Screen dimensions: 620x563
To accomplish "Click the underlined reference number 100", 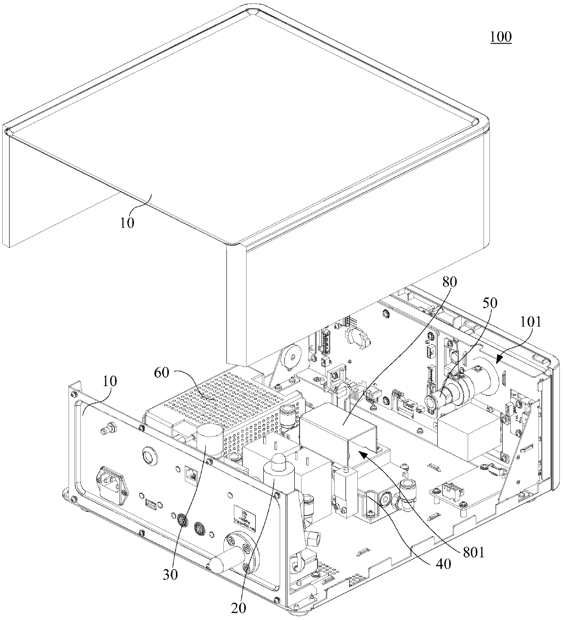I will tap(500, 37).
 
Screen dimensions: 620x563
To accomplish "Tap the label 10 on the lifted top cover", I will tap(127, 223).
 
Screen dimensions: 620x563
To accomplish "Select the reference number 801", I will tap(473, 553).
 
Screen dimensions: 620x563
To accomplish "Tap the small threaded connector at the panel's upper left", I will tap(108, 428).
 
